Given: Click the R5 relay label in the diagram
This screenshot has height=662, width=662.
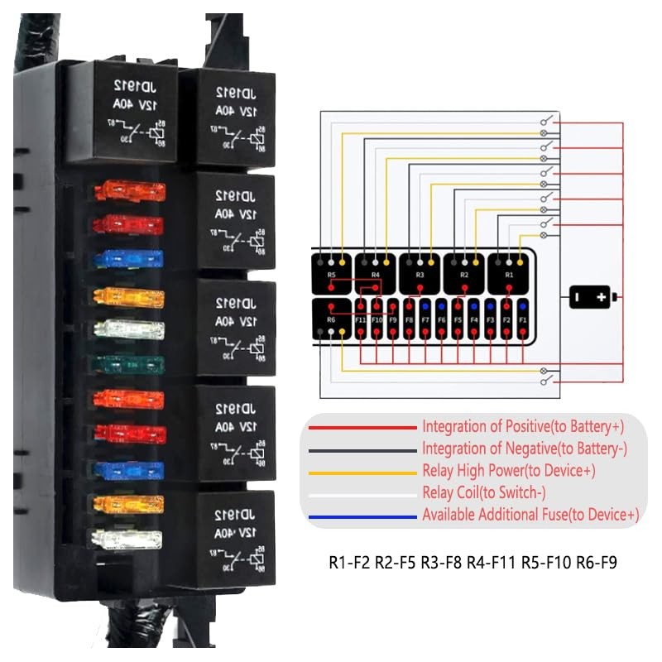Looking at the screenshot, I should click(332, 274).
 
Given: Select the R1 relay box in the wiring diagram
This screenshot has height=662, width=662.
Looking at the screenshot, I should click(509, 273).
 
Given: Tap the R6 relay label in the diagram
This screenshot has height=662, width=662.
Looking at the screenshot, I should click(332, 319).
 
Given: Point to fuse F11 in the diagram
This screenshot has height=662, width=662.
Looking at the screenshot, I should click(361, 319).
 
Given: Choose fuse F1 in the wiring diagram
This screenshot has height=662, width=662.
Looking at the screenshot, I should click(522, 319).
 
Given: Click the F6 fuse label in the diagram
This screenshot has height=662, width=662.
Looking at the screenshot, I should click(441, 319).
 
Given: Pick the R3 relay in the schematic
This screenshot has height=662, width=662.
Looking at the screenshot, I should click(420, 273).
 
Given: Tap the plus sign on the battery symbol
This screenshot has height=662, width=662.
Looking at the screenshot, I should click(602, 296).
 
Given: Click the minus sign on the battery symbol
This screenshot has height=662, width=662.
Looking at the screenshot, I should click(578, 296).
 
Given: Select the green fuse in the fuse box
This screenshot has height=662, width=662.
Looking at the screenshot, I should click(129, 363).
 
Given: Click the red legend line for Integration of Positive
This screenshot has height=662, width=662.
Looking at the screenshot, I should click(362, 427).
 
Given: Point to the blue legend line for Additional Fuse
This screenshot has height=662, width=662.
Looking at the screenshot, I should click(362, 516).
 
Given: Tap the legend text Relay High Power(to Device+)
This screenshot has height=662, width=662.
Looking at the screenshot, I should click(508, 471).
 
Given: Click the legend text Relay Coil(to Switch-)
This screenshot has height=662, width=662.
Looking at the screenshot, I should click(494, 493).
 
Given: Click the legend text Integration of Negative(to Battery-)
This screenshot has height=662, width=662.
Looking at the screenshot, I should click(525, 449).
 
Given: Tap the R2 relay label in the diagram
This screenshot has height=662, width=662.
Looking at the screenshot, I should click(464, 274).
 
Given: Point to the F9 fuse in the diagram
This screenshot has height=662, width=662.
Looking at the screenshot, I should click(392, 319).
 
